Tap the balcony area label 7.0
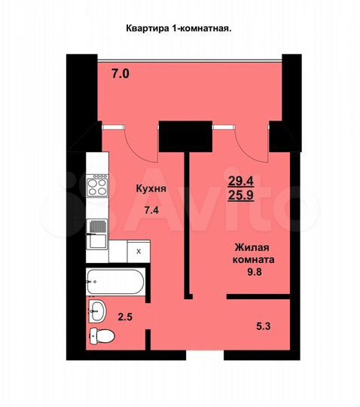(121, 74)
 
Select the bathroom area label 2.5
(128, 317)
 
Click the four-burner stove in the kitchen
(98, 185)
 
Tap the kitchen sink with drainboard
(97, 232)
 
